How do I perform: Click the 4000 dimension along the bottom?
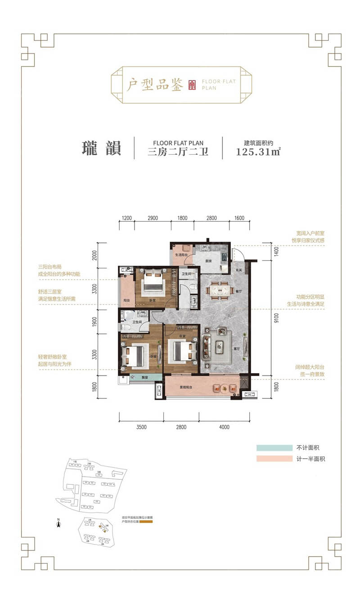tap(224, 427)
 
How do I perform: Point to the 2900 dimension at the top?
tap(152, 218)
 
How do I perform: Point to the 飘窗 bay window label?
tap(145, 377)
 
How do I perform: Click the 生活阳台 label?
tap(181, 255)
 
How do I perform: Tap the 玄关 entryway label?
tap(238, 270)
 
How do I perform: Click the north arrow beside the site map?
tap(58, 523)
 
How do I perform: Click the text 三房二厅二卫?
tap(178, 152)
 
